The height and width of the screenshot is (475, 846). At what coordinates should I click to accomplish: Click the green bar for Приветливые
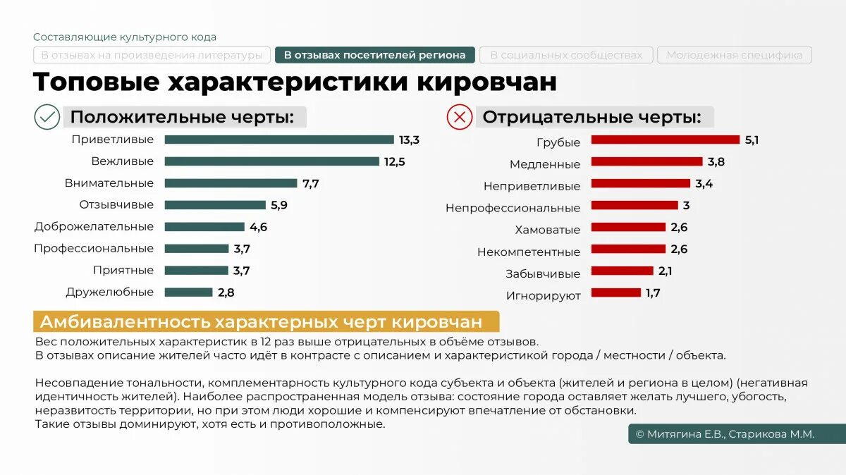click(279, 140)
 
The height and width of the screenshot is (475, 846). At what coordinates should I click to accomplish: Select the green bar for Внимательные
click(231, 183)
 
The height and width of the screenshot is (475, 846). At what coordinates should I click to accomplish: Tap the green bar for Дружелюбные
click(188, 292)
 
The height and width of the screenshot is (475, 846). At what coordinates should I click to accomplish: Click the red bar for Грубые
click(665, 140)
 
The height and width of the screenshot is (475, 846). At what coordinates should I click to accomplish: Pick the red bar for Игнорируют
click(615, 292)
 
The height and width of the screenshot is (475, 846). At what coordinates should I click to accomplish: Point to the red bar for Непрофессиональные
click(633, 206)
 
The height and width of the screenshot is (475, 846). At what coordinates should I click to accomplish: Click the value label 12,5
click(394, 162)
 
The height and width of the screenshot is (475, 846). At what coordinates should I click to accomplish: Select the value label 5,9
click(279, 206)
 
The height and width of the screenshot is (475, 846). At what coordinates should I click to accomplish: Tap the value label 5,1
click(752, 140)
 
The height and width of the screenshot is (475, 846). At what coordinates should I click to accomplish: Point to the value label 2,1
click(665, 271)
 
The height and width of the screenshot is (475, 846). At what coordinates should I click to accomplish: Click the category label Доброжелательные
click(94, 227)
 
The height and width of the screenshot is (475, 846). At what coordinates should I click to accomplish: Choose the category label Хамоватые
click(547, 230)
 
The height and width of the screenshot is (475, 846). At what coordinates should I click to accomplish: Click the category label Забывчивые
click(543, 273)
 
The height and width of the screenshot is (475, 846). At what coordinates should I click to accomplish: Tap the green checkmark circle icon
click(47, 117)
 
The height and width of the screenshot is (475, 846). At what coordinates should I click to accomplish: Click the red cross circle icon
click(460, 117)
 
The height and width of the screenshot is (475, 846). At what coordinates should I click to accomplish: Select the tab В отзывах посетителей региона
click(374, 55)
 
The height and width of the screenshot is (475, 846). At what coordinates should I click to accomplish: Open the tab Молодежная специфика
click(734, 55)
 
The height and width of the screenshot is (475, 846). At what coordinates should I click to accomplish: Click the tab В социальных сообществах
click(566, 55)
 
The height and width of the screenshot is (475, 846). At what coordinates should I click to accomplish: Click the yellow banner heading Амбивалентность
click(266, 322)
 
